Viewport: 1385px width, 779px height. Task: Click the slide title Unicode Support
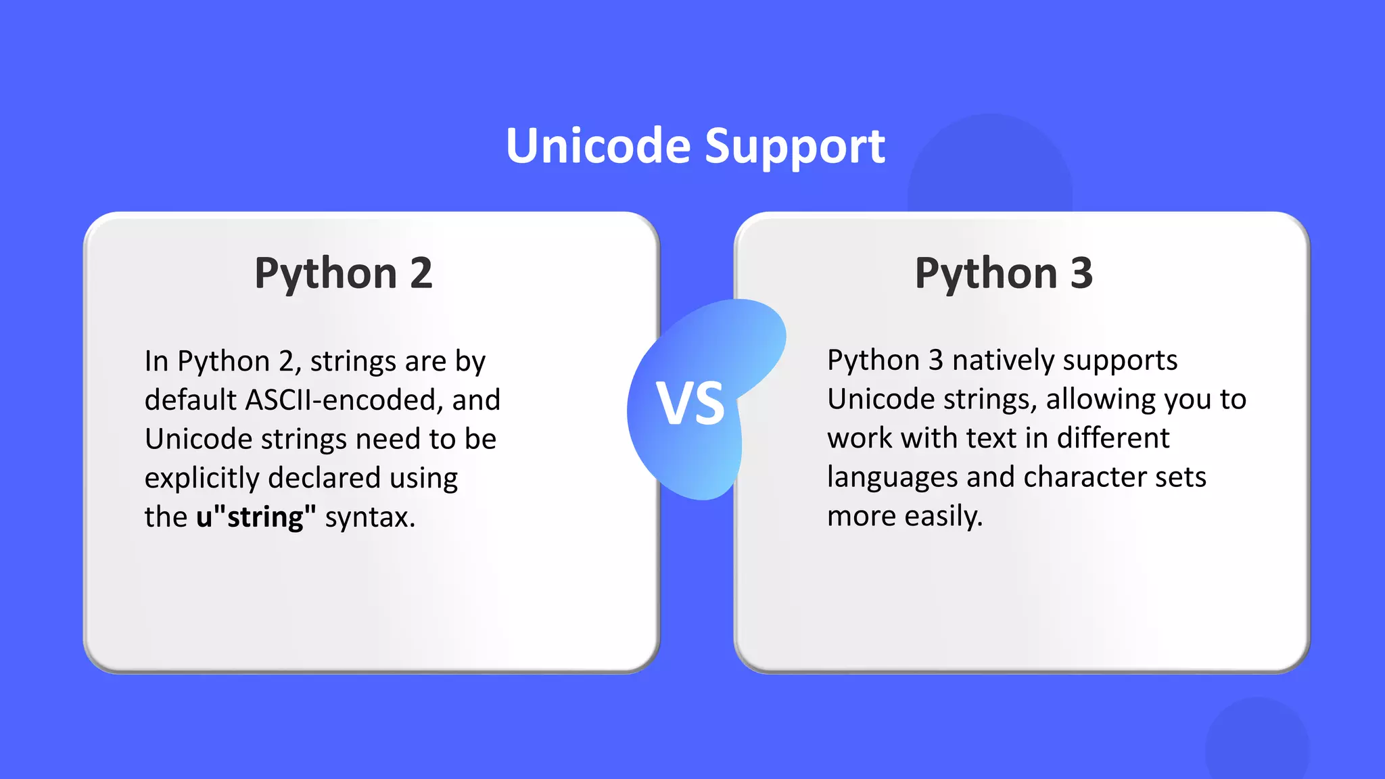pyautogui.click(x=695, y=146)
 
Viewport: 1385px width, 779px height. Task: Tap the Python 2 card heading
pyautogui.click(x=343, y=273)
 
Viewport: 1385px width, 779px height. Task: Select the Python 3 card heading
pyautogui.click(x=1004, y=273)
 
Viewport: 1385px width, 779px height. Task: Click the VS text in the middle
pyautogui.click(x=690, y=404)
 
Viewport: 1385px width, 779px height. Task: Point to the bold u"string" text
pyautogui.click(x=256, y=517)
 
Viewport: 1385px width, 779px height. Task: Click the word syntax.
pyautogui.click(x=369, y=518)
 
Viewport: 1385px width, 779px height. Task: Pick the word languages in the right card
pyautogui.click(x=892, y=477)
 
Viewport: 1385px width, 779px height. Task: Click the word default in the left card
pyautogui.click(x=190, y=400)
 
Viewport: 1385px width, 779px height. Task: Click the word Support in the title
pyautogui.click(x=795, y=146)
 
